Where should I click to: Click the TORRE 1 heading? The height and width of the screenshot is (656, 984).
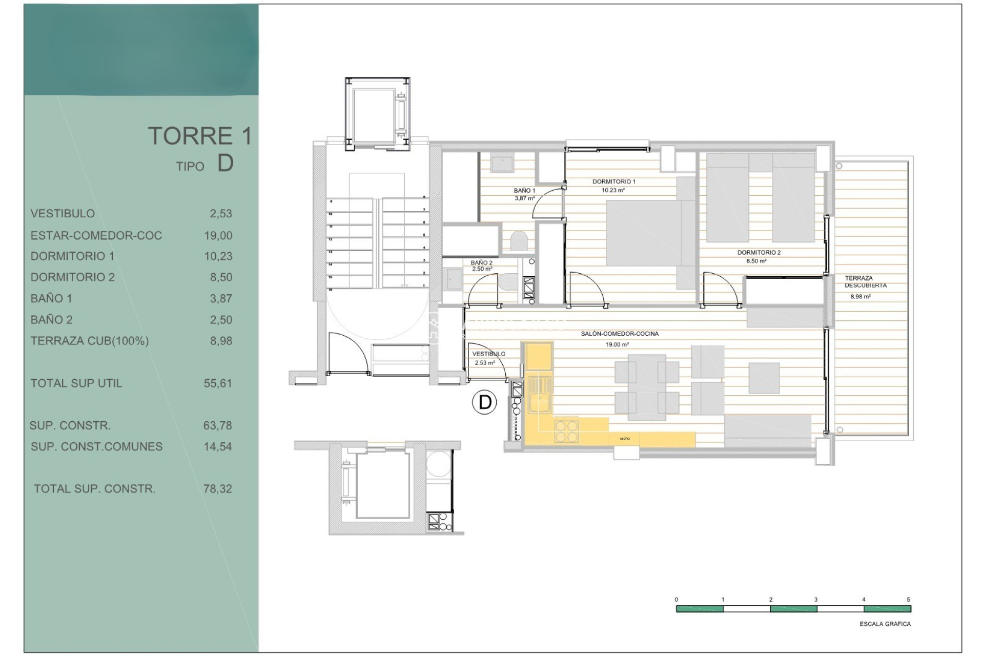(x=200, y=136)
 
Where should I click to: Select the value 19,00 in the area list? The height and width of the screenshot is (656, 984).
(x=218, y=236)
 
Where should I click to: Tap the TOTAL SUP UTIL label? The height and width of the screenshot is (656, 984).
(x=76, y=383)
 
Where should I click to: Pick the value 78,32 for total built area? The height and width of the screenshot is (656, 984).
(x=218, y=489)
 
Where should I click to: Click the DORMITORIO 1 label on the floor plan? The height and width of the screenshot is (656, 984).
(x=613, y=181)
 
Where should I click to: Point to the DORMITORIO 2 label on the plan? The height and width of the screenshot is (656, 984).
(x=758, y=252)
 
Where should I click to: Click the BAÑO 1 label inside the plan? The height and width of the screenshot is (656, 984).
(x=524, y=191)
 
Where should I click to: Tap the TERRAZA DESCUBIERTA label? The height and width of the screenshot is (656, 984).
(x=865, y=282)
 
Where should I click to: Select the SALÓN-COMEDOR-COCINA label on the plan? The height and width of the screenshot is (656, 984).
(x=619, y=334)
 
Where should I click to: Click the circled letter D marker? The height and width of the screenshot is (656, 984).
(x=485, y=402)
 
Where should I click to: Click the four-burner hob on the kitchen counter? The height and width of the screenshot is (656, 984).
(x=566, y=430)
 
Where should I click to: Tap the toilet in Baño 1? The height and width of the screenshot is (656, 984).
(x=520, y=240)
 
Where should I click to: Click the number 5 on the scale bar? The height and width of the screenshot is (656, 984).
(x=908, y=600)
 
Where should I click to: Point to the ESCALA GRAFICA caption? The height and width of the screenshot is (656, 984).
(x=885, y=624)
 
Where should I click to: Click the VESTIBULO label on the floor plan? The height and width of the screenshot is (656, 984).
(x=488, y=354)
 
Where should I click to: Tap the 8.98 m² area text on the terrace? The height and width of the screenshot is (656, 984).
(x=860, y=297)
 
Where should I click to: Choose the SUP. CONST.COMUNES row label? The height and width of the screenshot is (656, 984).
(x=96, y=447)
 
